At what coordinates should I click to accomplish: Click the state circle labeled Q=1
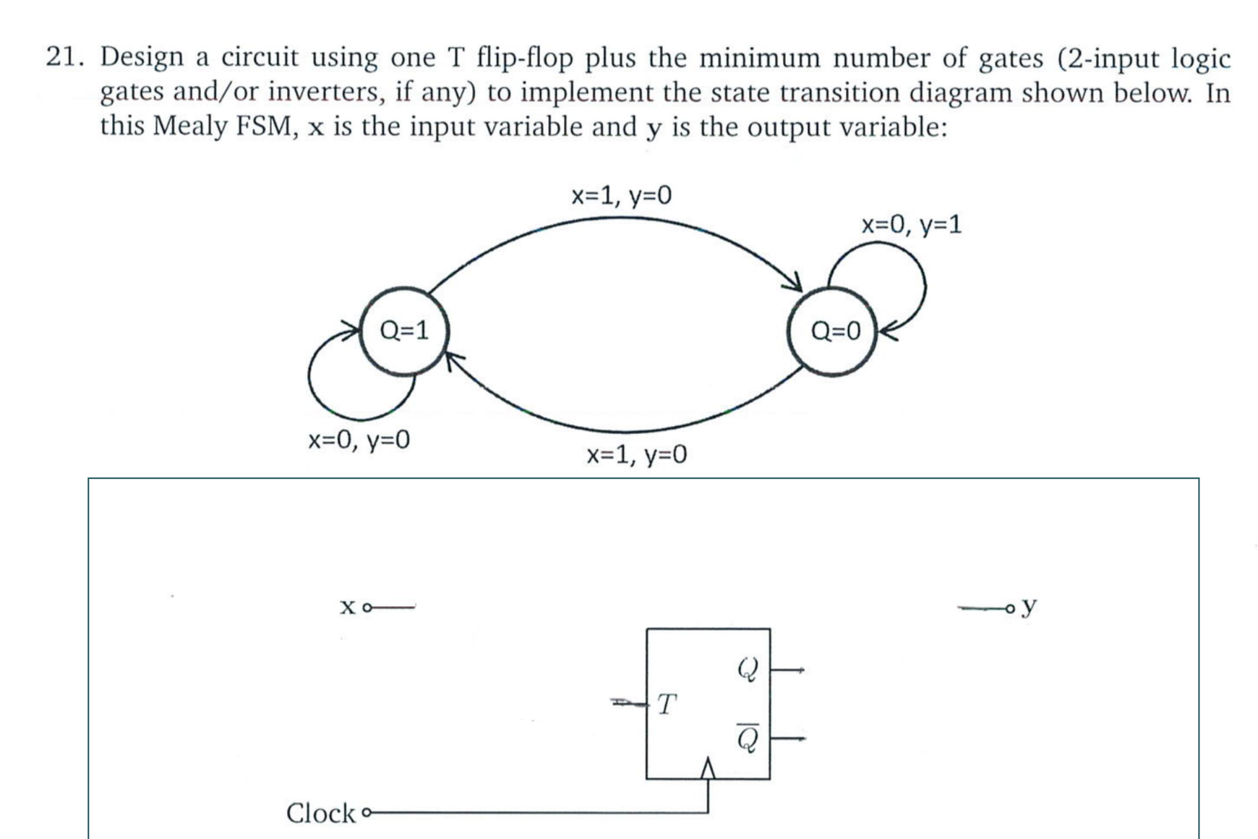[404, 331]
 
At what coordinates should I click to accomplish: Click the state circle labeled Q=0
[833, 331]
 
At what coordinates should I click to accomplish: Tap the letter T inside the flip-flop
[667, 704]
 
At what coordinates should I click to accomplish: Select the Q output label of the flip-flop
[748, 670]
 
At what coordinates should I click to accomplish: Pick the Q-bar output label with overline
[748, 738]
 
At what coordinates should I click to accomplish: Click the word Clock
[320, 813]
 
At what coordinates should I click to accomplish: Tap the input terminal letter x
[348, 606]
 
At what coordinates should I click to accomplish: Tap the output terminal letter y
[1030, 605]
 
